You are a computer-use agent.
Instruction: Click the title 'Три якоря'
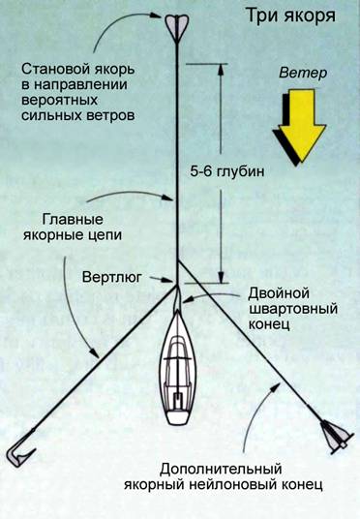tap(291, 16)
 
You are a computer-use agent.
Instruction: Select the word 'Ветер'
tap(303, 73)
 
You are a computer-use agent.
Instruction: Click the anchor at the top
tap(177, 28)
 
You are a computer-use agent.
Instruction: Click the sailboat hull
tap(178, 367)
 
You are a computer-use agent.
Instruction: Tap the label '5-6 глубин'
tap(227, 171)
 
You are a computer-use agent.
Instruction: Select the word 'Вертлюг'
tap(112, 277)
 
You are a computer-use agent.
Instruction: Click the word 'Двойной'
tap(279, 293)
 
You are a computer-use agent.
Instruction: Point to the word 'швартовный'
tap(293, 309)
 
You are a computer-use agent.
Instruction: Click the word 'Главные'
tap(73, 220)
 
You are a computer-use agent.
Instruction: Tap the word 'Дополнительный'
tap(221, 470)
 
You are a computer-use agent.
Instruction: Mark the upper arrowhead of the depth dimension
tap(221, 69)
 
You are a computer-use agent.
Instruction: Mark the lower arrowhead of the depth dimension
tap(221, 277)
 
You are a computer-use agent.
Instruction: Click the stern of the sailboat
tap(178, 418)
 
